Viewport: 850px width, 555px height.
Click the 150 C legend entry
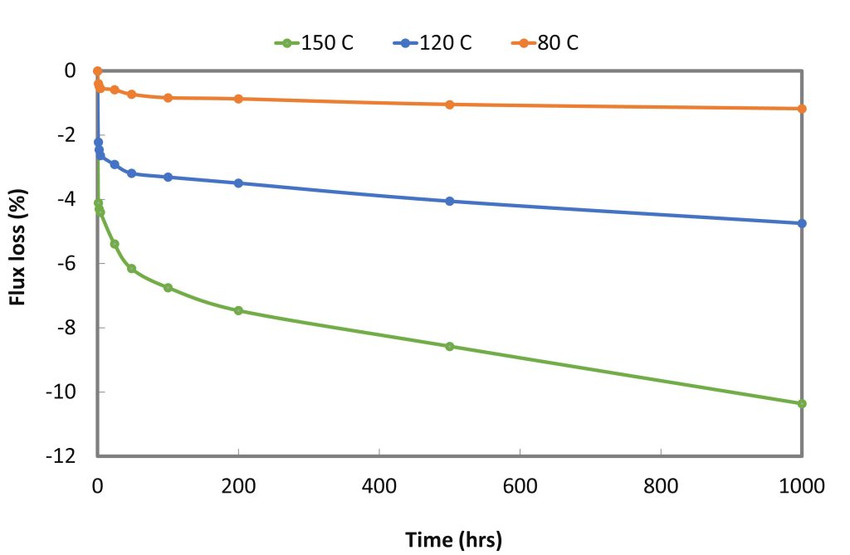316,43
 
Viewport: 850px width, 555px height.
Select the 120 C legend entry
435,43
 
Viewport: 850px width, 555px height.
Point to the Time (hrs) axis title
453,540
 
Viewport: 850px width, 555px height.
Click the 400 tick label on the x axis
379,485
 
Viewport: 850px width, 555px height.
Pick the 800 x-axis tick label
661,485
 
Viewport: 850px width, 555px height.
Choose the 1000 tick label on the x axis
802,485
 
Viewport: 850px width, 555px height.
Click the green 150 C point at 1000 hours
802,404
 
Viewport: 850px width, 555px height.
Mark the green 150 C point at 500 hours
450,346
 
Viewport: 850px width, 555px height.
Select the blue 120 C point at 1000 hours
802,223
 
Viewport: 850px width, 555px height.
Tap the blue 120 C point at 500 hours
450,201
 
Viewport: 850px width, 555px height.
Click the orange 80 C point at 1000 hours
802,109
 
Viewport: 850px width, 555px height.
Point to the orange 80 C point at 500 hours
450,105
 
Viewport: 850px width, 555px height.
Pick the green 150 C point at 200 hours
238,310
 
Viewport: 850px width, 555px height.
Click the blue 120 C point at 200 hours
238,183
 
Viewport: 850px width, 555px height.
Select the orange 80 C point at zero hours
97,71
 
